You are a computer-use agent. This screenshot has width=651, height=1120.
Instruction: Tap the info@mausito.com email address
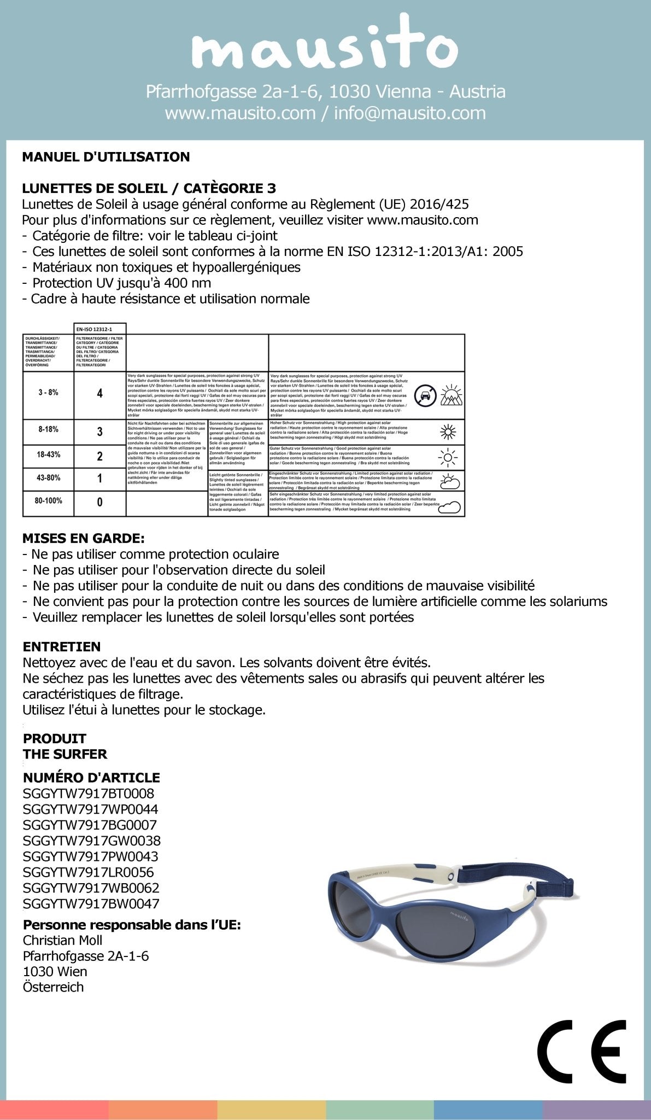pos(409,113)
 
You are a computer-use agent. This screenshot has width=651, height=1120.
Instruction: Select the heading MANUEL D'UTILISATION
pos(106,157)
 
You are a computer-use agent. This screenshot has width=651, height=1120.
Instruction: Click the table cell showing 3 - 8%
pos(48,393)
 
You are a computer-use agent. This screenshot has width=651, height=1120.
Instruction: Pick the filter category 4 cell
pos(99,393)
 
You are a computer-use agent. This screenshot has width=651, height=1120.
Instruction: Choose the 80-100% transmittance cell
pos(48,500)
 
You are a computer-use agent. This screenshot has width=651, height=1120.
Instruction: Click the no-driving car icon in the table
pos(425,395)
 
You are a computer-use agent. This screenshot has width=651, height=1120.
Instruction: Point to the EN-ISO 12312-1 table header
pos(99,329)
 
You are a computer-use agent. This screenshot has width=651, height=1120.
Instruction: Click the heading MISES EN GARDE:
pos(84,538)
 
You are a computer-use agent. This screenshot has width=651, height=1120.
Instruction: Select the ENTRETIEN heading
pos(62,646)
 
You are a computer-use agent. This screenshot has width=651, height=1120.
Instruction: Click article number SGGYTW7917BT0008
pos(89,793)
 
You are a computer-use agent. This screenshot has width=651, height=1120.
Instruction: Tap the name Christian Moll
pos(62,940)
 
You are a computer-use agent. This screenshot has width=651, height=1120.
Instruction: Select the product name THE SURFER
pos(64,754)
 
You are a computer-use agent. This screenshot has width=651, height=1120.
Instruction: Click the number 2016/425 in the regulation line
pos(439,205)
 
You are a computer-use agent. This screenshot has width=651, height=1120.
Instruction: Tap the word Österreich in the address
pos(53,987)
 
